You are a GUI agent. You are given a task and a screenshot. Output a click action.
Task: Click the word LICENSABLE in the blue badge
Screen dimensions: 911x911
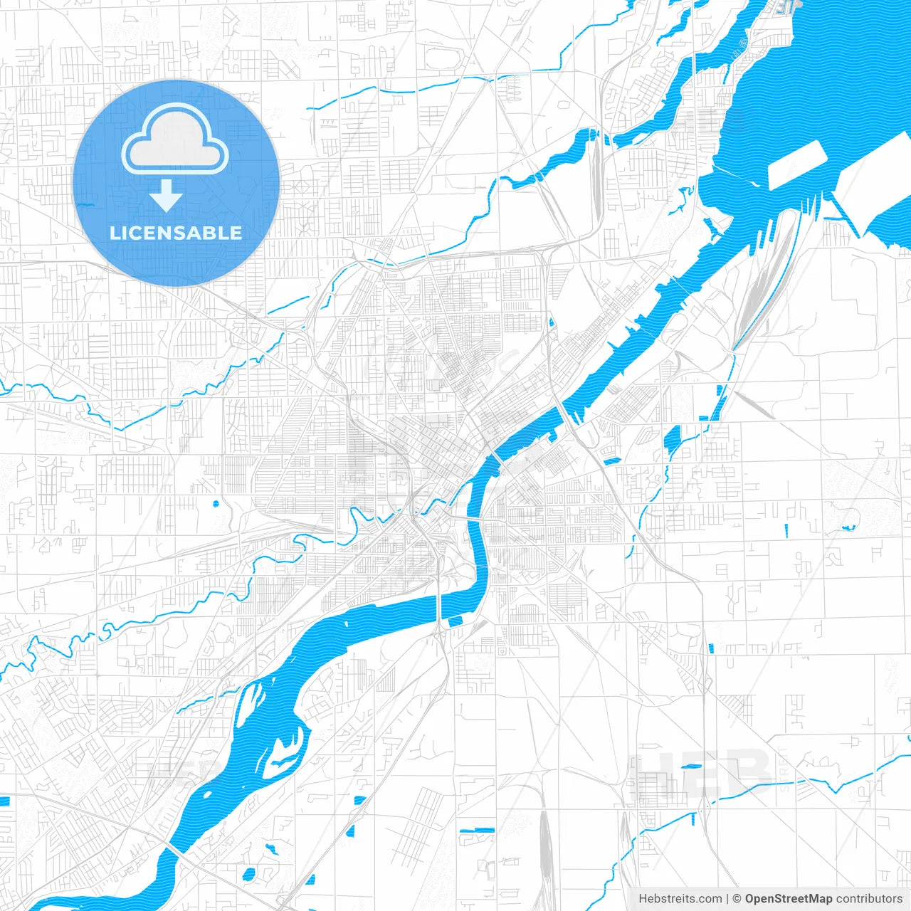point(176,233)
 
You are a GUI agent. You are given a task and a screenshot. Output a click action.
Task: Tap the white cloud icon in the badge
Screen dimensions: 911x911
point(175,140)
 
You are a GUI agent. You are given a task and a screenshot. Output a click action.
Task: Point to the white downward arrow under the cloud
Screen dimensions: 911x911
point(167,196)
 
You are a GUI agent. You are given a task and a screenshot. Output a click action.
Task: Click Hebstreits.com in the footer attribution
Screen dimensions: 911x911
point(680,899)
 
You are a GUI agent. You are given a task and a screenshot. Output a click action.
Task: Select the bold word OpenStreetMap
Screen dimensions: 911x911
point(789,899)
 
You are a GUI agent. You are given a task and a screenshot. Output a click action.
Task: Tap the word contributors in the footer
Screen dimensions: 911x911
point(869,899)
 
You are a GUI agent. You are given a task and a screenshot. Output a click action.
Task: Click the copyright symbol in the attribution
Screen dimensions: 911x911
point(737,899)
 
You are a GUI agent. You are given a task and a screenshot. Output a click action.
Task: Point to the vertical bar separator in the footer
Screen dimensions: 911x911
point(727,899)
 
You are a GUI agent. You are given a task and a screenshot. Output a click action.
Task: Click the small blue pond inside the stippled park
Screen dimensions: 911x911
point(847,528)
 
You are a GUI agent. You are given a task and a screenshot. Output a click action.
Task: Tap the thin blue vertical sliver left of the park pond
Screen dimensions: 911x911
point(787,531)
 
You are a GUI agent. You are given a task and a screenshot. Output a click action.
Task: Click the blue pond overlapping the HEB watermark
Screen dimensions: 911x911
point(690,767)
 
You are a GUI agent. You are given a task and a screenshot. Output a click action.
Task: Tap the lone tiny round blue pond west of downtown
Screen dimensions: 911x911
point(216,505)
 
